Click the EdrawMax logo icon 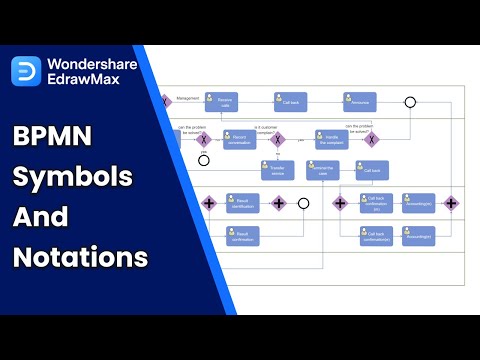click(27, 70)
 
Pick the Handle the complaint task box click(331, 140)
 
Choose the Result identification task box click(243, 203)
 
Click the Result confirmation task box click(243, 236)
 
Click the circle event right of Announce click(410, 102)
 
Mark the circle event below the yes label click(204, 159)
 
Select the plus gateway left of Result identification click(209, 203)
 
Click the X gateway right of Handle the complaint click(372, 140)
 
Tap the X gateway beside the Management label click(166, 101)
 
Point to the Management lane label click(188, 98)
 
